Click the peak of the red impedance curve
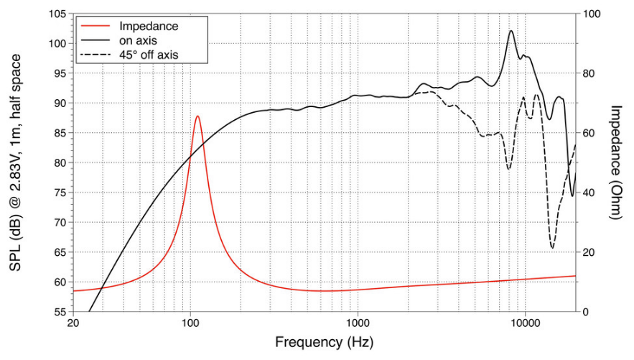[x=197, y=116]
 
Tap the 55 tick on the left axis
[x=60, y=312]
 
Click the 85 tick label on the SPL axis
[x=60, y=133]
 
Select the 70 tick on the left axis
[x=60, y=223]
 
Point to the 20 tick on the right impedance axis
[x=589, y=252]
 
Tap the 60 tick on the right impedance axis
[x=589, y=133]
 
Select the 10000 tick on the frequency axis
[x=525, y=324]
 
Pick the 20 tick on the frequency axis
[x=73, y=324]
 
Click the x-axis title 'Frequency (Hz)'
[x=325, y=343]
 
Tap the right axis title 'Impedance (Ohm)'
[x=616, y=162]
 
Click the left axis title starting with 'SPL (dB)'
[x=16, y=163]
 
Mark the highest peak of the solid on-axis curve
[x=511, y=31]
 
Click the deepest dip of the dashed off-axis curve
[x=552, y=248]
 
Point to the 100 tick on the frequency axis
[x=190, y=324]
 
